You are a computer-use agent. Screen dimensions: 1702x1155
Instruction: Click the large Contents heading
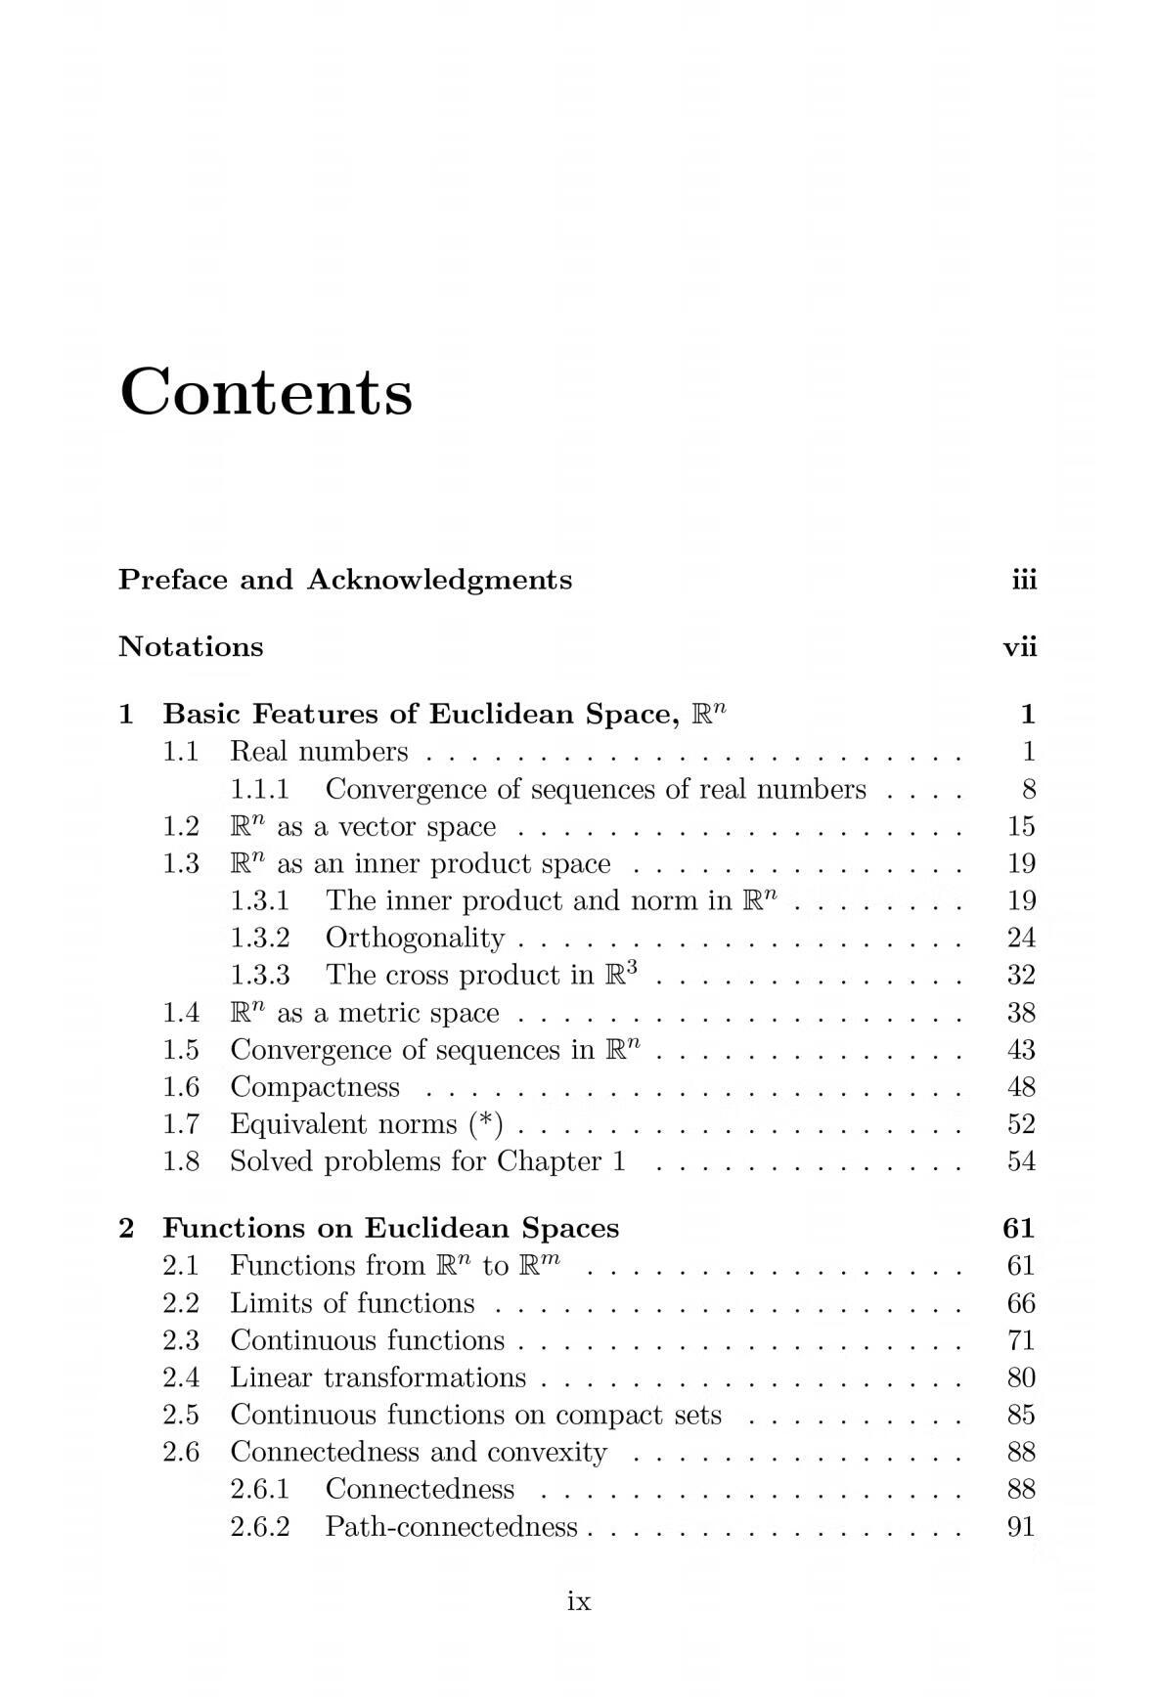point(266,392)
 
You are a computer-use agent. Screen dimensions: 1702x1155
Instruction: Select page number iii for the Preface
point(1023,581)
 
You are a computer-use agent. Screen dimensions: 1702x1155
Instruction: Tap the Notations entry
point(191,647)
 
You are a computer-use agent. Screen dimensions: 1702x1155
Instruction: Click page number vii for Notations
point(1019,647)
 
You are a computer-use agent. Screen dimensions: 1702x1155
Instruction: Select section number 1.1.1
point(259,789)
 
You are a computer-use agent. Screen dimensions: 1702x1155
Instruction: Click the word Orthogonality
point(415,938)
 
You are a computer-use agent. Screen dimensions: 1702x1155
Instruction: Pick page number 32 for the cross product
point(1020,976)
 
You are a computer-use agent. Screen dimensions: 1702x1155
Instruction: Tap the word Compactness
point(315,1087)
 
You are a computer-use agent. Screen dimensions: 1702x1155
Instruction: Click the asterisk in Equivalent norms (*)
point(485,1122)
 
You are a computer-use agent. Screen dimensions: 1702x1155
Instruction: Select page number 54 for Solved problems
point(1020,1161)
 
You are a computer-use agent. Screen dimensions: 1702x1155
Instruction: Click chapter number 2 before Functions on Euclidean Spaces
point(126,1229)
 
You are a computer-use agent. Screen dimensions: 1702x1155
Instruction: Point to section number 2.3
point(181,1340)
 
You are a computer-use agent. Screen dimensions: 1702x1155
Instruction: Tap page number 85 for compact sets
point(1020,1415)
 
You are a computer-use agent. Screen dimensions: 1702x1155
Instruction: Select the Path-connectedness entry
point(451,1527)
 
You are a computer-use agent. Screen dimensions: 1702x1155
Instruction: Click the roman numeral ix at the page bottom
point(579,1601)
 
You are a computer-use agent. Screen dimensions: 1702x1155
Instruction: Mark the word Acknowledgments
point(439,581)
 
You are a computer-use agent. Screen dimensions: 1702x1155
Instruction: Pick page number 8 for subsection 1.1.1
point(1028,789)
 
